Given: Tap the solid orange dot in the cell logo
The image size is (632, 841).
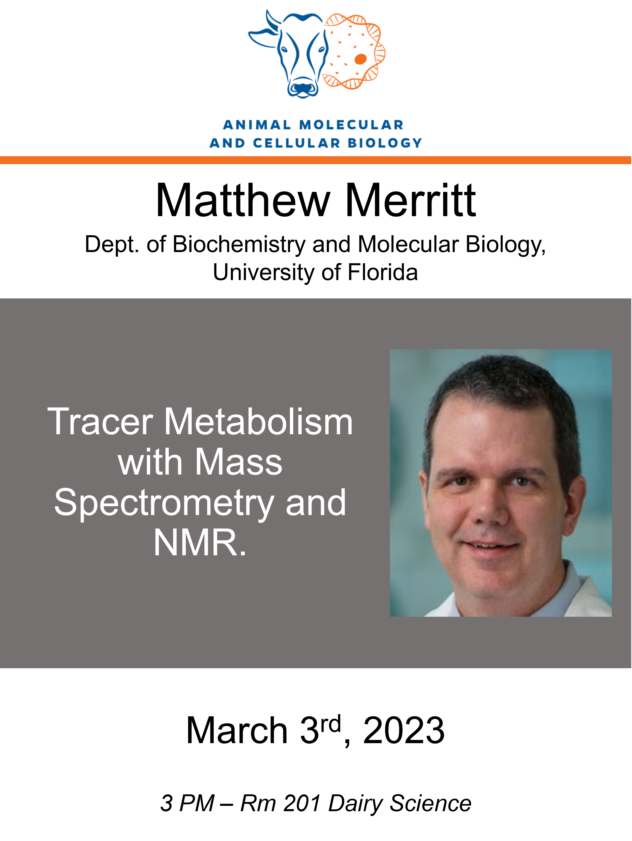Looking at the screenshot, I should (x=360, y=59).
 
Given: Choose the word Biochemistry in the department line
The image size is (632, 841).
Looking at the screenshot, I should (x=239, y=244).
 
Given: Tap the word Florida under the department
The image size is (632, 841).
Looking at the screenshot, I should (x=383, y=273).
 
